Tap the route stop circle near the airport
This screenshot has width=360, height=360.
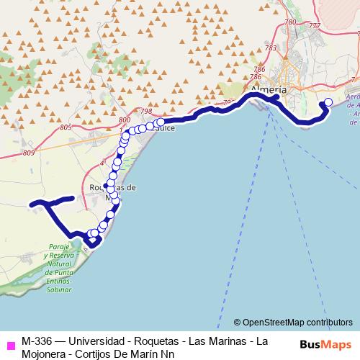329,102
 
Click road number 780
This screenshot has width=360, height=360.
290,23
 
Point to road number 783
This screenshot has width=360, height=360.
271,48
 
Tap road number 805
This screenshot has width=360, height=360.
67,127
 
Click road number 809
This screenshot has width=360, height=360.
30,153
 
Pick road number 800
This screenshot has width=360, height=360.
124,120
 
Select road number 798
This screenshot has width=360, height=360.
147,111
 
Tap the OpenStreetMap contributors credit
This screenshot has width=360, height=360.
293,323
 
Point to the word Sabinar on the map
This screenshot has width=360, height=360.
59,289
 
